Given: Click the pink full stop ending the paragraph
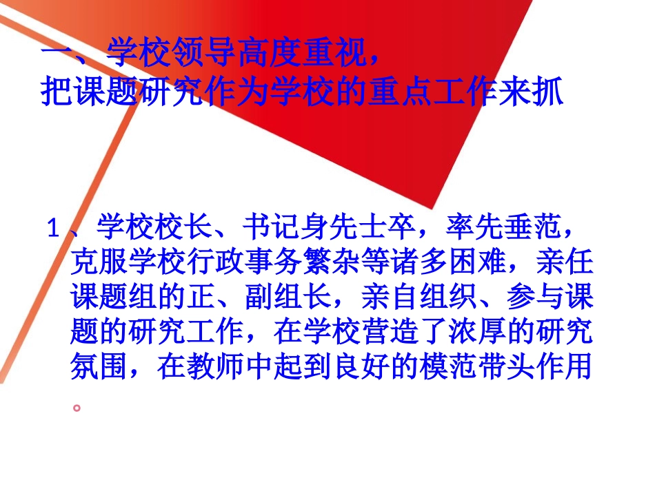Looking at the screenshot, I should [x=78, y=406].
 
